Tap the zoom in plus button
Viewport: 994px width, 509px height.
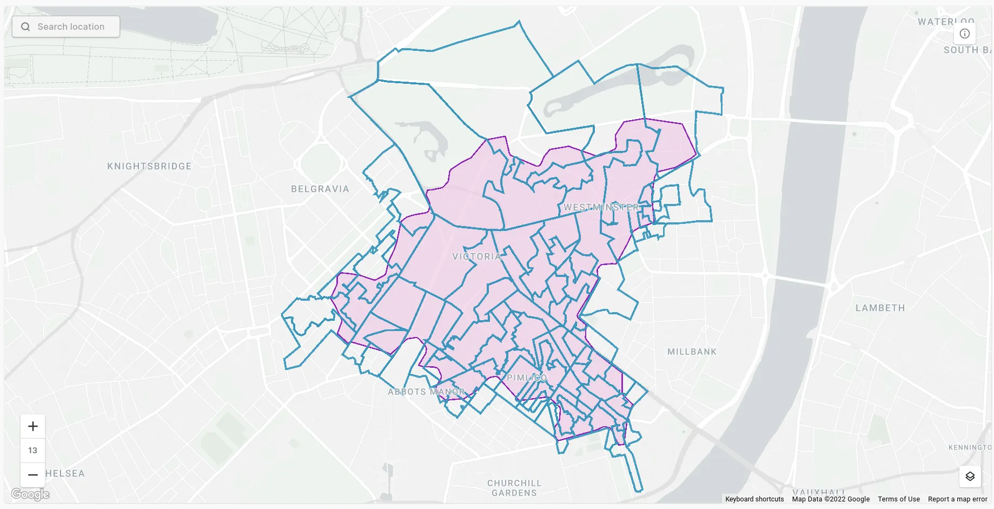33,426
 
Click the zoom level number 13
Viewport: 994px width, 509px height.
33,450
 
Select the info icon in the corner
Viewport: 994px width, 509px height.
964,34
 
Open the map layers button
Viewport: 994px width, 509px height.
970,476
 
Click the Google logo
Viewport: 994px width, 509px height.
30,494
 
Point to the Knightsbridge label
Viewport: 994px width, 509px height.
149,166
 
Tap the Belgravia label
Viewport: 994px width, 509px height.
320,189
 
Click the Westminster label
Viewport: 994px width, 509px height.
601,207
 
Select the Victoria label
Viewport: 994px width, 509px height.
476,256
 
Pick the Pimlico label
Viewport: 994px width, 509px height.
527,378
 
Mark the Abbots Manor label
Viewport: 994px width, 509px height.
426,392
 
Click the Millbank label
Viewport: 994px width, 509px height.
692,352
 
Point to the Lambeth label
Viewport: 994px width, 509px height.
880,308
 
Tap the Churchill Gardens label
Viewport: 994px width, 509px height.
514,488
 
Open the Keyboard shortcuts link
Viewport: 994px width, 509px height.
754,499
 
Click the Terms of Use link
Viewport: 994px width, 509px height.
898,499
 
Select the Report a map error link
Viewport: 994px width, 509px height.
957,499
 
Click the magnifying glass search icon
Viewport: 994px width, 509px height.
25,27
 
